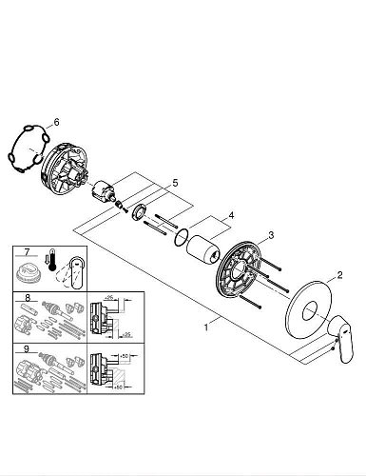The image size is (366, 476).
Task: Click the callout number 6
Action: [56, 122]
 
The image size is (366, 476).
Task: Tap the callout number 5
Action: [175, 183]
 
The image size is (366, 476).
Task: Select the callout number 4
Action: [231, 215]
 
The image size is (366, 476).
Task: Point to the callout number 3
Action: [271, 235]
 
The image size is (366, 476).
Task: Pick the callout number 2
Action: [339, 275]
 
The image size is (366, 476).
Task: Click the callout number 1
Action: [206, 327]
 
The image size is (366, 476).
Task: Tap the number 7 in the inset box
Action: [27, 252]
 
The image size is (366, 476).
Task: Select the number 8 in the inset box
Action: [28, 298]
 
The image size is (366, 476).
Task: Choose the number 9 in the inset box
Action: [27, 349]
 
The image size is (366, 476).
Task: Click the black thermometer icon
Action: [51, 261]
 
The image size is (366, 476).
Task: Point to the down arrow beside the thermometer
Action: [46, 260]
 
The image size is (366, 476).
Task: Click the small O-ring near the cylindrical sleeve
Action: [182, 237]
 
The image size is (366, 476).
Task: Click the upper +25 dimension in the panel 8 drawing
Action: [109, 298]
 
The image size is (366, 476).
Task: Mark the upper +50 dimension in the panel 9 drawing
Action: [124, 356]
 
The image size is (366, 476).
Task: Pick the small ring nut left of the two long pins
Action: [139, 212]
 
